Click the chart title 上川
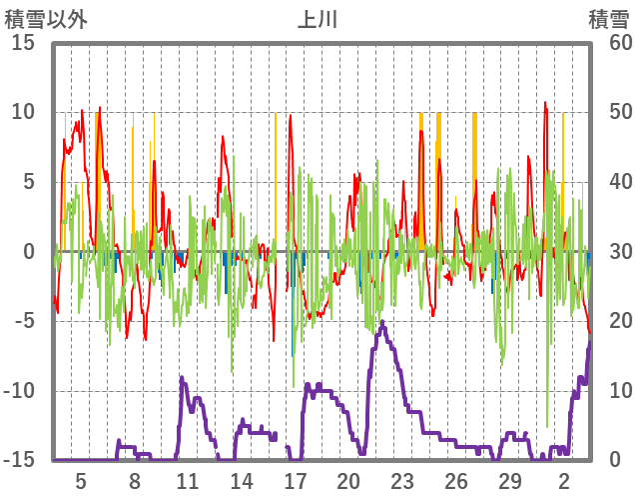[317, 19]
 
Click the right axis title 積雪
[607, 19]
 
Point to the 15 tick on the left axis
[23, 43]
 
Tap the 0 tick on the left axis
[29, 252]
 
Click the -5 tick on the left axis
[23, 322]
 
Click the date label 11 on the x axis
[188, 481]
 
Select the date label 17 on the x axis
[295, 481]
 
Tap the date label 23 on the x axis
[402, 481]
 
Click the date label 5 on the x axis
[81, 481]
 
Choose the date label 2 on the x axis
[564, 481]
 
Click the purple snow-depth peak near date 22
[382, 322]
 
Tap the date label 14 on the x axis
[242, 481]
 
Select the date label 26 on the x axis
[456, 481]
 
